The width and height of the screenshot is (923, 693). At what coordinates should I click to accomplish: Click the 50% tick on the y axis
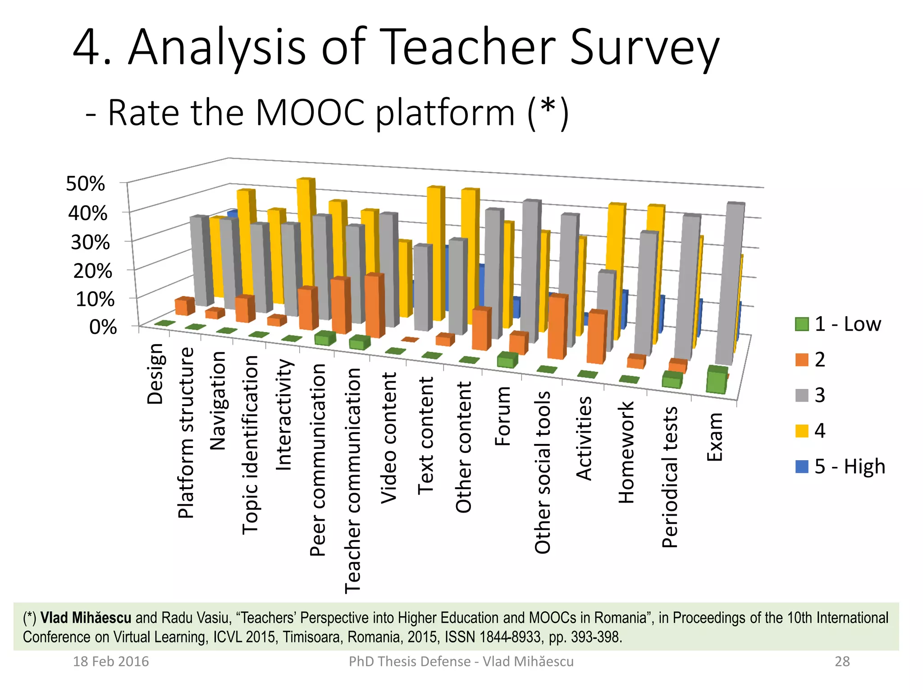pyautogui.click(x=86, y=184)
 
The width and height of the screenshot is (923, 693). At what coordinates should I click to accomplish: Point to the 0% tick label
pyautogui.click(x=103, y=327)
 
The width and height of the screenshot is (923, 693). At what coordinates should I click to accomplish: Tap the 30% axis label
pyautogui.click(x=90, y=242)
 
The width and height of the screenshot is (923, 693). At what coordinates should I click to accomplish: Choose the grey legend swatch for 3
pyautogui.click(x=802, y=395)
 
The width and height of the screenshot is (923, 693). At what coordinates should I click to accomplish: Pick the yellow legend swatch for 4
pyautogui.click(x=802, y=431)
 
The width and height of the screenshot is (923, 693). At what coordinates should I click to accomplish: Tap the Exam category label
pyautogui.click(x=714, y=437)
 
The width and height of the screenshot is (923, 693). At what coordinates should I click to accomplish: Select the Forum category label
pyautogui.click(x=503, y=416)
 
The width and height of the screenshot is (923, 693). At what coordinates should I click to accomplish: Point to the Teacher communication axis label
pyautogui.click(x=353, y=480)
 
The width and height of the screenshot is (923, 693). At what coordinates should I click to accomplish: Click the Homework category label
pyautogui.click(x=626, y=452)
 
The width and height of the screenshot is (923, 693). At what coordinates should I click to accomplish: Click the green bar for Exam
pyautogui.click(x=716, y=382)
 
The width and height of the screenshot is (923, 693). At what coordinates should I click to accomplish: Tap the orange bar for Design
pyautogui.click(x=184, y=307)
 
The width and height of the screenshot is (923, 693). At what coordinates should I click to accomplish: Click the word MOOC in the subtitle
pyautogui.click(x=310, y=113)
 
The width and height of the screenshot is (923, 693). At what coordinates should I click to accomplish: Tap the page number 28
pyautogui.click(x=842, y=661)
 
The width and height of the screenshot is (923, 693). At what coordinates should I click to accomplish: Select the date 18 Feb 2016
pyautogui.click(x=111, y=661)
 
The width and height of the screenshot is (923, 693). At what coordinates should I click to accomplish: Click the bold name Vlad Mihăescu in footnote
pyautogui.click(x=86, y=618)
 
